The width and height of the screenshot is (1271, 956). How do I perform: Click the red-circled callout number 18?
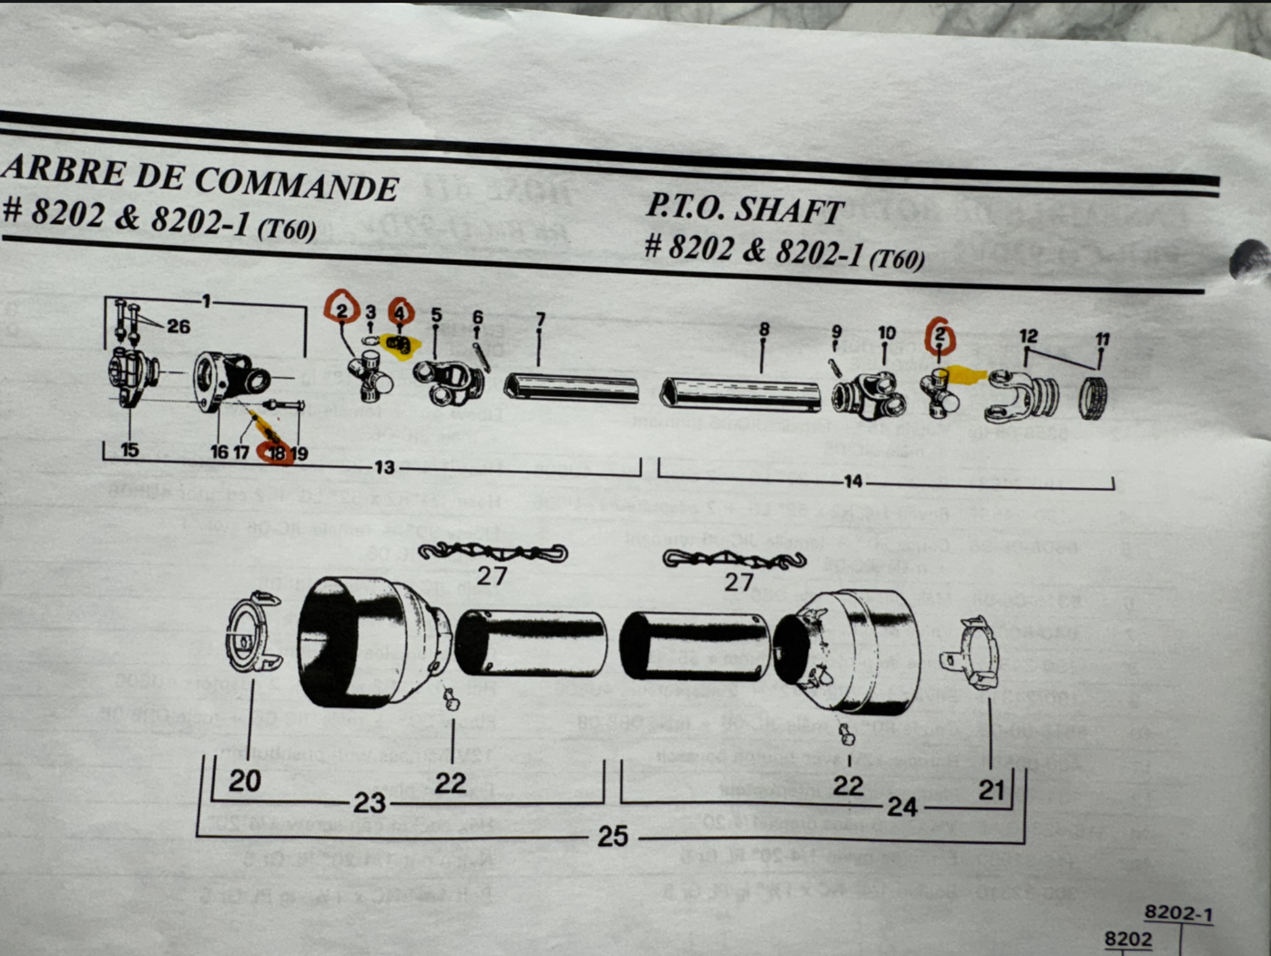point(275,453)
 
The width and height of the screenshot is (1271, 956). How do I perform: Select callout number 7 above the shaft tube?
point(540,320)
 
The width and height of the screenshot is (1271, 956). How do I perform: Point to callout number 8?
point(764,330)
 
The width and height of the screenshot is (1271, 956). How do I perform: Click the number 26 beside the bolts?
point(178,326)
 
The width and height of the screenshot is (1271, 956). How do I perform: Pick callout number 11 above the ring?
point(1102,340)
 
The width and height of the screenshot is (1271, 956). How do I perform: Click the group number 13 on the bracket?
point(384,467)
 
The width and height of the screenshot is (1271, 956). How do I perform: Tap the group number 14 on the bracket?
point(853,481)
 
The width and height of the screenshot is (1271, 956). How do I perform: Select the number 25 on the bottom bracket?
point(613,835)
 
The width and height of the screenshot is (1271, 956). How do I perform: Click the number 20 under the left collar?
point(244,780)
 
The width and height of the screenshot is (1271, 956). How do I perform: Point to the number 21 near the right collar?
point(991,788)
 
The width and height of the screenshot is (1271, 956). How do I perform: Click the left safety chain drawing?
point(493,552)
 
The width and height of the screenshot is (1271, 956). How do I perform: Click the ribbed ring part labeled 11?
point(1093,397)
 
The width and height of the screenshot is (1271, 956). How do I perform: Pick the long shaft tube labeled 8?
point(739,393)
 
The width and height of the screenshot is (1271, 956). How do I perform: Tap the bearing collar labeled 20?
point(252,631)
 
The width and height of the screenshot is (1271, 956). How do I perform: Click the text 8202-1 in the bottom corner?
point(1178,912)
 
